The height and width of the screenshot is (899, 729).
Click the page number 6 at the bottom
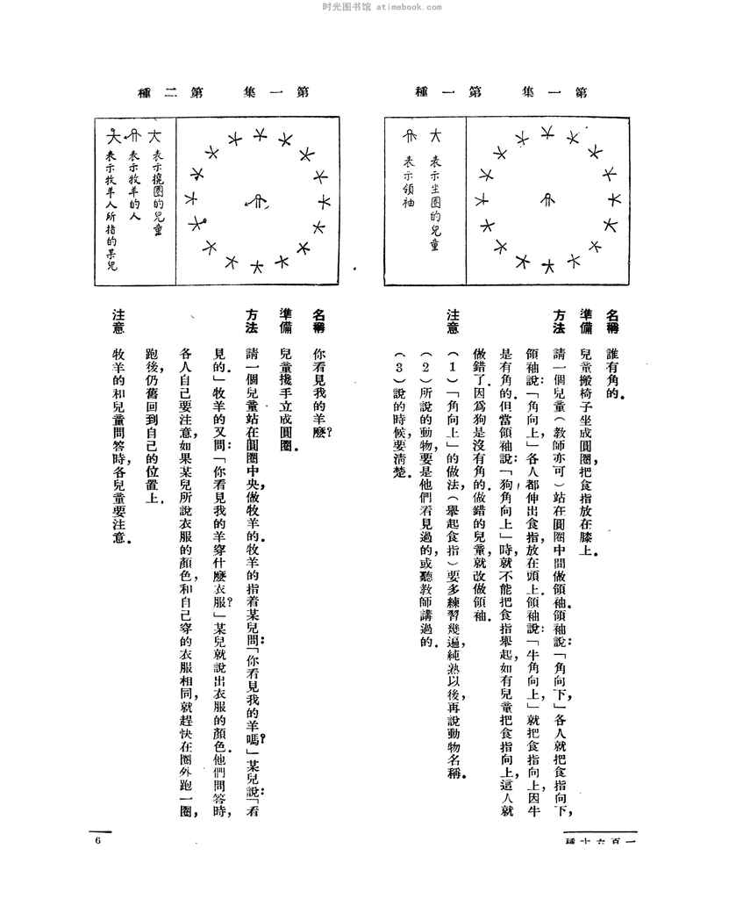click(98, 840)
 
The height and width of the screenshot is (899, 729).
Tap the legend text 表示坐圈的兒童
click(433, 205)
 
